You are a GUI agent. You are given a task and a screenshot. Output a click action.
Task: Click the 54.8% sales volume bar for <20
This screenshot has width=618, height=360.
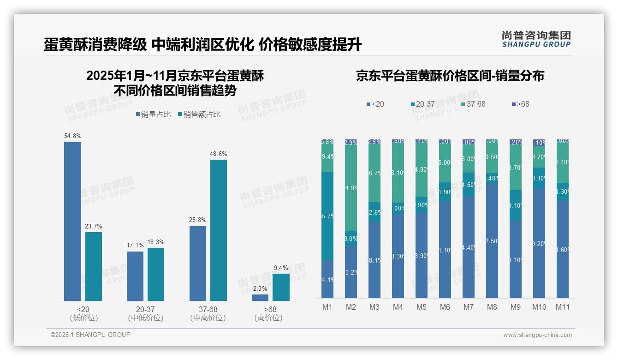tap(72, 222)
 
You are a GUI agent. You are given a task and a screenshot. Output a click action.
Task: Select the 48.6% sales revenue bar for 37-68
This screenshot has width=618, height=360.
tap(219, 230)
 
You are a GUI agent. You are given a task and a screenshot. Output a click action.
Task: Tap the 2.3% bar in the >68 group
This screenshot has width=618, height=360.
tap(260, 298)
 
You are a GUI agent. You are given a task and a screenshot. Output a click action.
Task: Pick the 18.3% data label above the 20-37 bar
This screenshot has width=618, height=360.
tap(155, 242)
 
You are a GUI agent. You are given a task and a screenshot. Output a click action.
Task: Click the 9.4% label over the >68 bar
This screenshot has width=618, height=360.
tap(281, 268)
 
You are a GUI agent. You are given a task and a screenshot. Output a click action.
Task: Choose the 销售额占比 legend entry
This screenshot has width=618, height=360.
tap(199, 114)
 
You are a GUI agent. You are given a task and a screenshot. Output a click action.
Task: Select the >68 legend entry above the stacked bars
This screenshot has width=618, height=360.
tap(520, 104)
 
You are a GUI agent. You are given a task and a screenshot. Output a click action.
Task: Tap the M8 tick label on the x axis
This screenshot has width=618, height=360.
tap(492, 307)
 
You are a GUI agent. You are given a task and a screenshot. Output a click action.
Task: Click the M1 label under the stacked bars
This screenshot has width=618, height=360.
tap(327, 307)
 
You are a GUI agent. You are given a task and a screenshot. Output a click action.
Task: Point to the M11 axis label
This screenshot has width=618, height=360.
tap(563, 307)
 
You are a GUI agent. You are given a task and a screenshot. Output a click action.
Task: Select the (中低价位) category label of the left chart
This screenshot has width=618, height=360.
tap(146, 318)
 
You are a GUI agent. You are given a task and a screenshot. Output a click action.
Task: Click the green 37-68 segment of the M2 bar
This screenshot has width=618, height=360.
tap(351, 188)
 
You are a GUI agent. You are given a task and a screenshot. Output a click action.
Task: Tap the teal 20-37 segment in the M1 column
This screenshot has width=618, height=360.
tap(327, 216)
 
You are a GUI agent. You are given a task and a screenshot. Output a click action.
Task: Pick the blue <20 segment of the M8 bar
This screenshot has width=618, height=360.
tap(492, 240)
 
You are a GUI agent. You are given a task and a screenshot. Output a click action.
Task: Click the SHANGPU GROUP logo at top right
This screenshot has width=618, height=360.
tap(536, 39)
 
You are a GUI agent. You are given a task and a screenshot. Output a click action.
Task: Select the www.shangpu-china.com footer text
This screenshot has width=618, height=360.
tap(537, 335)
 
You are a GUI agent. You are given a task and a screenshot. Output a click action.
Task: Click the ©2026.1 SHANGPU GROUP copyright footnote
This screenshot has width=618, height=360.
tap(90, 335)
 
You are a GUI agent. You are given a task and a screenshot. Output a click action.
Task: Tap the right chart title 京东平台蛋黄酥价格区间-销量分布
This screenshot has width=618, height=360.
tap(450, 76)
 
